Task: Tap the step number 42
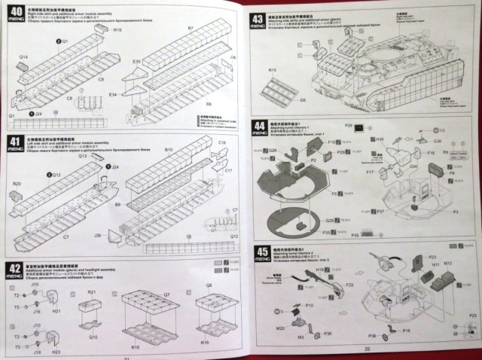pyautogui.click(x=14, y=268)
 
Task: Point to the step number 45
pyautogui.click(x=260, y=252)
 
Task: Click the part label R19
pyautogui.click(x=117, y=31)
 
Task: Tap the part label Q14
pyautogui.click(x=23, y=57)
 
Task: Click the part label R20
pyautogui.click(x=17, y=184)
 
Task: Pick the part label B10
pyautogui.click(x=169, y=151)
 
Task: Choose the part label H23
pyautogui.click(x=56, y=351)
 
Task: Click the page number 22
pyautogui.click(x=368, y=349)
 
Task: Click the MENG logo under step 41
pyautogui.click(x=14, y=155)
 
